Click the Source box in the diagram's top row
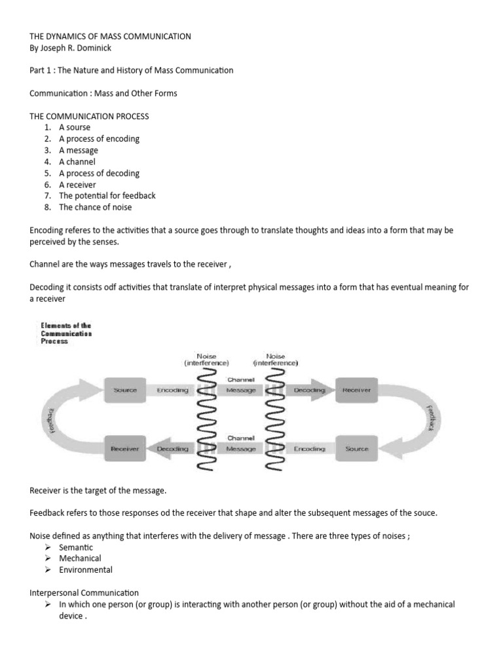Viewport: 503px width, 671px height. [x=125, y=390]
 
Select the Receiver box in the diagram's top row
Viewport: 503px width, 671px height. [x=356, y=390]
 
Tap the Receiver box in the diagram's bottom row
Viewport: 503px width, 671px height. [x=125, y=449]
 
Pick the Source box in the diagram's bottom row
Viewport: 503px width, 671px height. [x=356, y=449]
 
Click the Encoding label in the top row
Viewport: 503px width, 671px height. [x=172, y=390]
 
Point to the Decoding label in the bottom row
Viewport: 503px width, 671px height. [x=172, y=449]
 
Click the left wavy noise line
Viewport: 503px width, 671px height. [x=206, y=419]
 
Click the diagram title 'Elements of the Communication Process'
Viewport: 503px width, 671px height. [x=66, y=333]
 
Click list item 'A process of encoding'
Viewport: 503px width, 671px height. [x=99, y=139]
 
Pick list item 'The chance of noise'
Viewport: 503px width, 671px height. [x=95, y=207]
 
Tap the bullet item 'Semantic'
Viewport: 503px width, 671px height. [x=76, y=547]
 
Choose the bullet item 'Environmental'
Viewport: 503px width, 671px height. [x=86, y=570]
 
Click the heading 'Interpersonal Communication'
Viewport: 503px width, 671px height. [x=84, y=593]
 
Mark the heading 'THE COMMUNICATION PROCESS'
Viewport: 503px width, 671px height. [x=89, y=116]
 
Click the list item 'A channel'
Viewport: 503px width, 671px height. [x=77, y=162]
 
